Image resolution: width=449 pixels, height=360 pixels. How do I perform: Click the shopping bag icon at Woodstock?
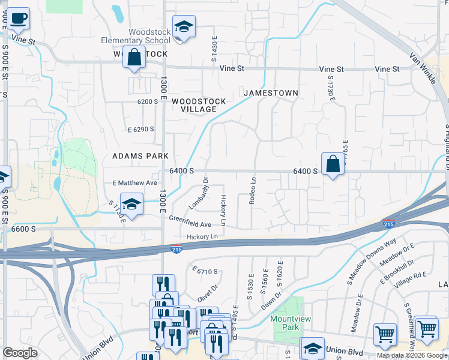(134, 58)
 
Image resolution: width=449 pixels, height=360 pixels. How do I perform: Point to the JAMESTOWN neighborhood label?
(270, 93)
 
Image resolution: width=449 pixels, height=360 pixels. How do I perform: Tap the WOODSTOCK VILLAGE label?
(199, 105)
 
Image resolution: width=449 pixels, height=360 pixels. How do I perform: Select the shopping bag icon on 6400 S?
(333, 164)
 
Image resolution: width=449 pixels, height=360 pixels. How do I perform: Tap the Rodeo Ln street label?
(253, 190)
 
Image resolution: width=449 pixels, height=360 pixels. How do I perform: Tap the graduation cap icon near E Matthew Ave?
(131, 204)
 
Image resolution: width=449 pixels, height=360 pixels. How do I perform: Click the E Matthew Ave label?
(134, 182)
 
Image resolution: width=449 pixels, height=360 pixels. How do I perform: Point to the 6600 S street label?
(24, 229)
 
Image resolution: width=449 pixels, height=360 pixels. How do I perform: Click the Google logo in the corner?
(20, 353)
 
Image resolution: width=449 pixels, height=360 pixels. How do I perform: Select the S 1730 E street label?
(330, 88)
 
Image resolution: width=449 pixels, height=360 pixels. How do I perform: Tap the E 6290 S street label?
(140, 129)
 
